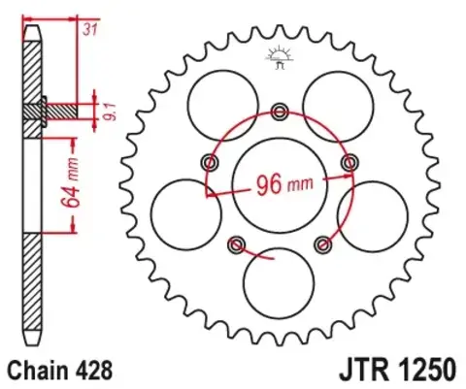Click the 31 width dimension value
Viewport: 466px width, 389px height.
coord(90,30)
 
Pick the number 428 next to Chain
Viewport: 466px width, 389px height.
coord(96,370)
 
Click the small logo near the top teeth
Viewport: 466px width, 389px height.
coord(281,57)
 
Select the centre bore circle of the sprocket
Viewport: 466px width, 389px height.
coord(281,179)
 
